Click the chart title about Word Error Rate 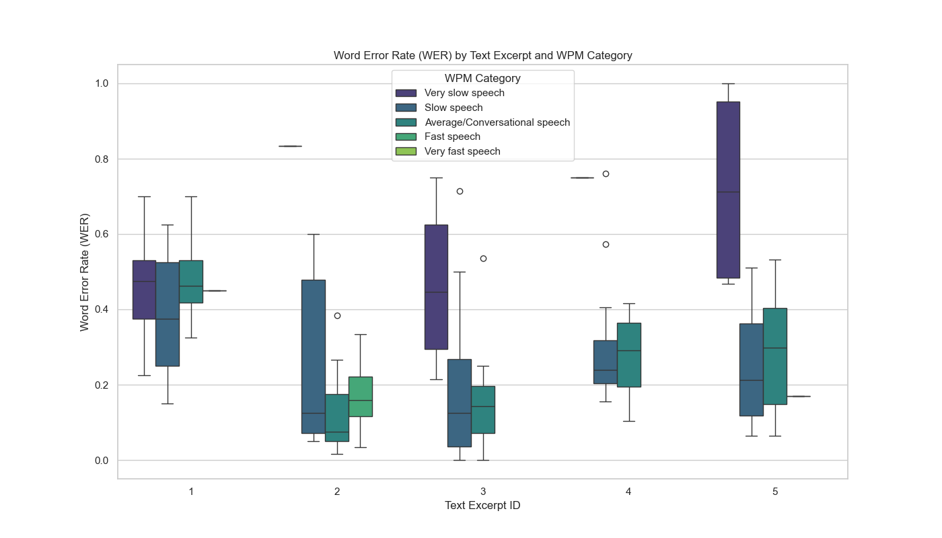[482, 55]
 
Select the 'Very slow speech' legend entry [464, 93]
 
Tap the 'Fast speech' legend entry [452, 137]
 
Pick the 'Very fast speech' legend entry [462, 151]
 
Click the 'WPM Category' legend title [482, 78]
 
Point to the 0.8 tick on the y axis [102, 159]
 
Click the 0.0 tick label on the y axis [102, 461]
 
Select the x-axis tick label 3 [483, 492]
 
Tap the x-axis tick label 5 [775, 492]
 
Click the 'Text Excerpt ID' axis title [482, 506]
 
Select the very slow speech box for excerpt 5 [728, 190]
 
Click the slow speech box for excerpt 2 [314, 356]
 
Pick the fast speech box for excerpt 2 [361, 397]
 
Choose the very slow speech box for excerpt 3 [436, 287]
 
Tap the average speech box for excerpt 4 [629, 355]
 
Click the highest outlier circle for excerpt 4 [606, 174]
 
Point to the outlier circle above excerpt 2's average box [337, 315]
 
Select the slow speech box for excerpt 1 [168, 314]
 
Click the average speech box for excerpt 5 [775, 356]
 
